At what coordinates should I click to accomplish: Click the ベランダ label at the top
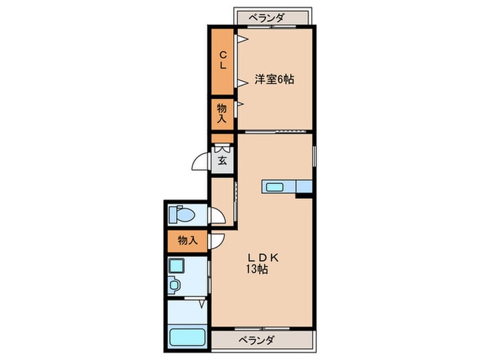point(268,17)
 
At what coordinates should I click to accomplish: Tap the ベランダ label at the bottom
point(258,340)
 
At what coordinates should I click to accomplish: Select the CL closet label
point(223,61)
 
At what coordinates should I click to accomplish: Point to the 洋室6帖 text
point(275,80)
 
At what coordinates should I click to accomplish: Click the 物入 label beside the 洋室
point(223,113)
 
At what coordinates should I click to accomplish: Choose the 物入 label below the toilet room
point(187,241)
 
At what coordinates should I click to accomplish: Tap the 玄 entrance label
point(223,162)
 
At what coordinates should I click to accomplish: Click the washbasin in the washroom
point(174,285)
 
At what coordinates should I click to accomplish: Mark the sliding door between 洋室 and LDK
point(274,130)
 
